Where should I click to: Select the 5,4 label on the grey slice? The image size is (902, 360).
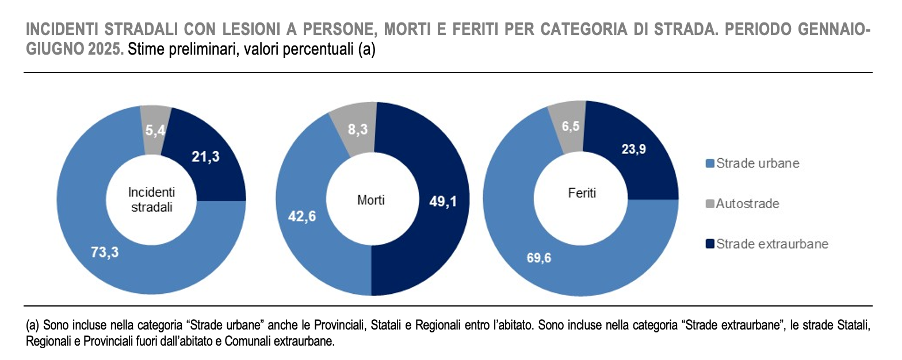[x=156, y=131]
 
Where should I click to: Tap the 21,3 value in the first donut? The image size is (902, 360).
[x=205, y=156]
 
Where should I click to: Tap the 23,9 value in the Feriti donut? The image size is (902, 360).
[x=633, y=149]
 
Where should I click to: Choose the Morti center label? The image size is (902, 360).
[x=371, y=200]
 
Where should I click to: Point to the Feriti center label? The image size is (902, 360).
[x=579, y=193]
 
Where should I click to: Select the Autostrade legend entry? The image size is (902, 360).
[x=747, y=204]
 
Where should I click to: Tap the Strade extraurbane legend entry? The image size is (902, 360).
[x=771, y=244]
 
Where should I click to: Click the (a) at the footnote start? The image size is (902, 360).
[x=33, y=325]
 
